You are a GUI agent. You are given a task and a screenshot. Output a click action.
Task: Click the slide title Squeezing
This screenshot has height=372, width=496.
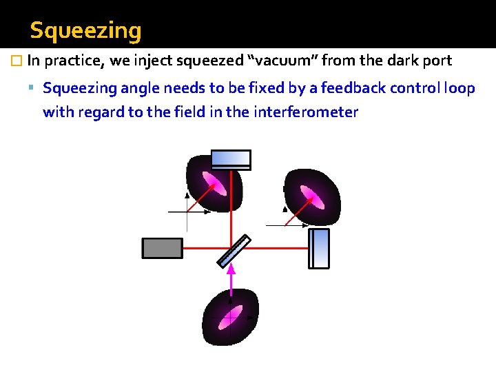click(x=86, y=30)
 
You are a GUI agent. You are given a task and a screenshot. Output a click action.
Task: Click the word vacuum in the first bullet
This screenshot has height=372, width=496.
click(x=283, y=61)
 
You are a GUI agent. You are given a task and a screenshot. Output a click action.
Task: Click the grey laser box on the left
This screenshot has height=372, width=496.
click(x=162, y=247)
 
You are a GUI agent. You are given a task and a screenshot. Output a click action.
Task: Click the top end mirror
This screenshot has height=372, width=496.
click(x=231, y=159)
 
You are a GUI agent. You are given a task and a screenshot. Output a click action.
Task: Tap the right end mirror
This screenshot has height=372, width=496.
click(x=319, y=248)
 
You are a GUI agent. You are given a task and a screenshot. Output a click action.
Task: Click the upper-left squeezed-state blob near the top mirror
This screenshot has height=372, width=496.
click(x=214, y=184)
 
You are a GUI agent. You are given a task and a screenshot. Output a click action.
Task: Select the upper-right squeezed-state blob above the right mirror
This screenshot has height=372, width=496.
click(x=312, y=196)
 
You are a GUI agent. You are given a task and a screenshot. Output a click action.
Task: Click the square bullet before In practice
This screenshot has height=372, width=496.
click(x=18, y=61)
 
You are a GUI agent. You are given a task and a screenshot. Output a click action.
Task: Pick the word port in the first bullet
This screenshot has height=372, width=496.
click(x=438, y=61)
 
